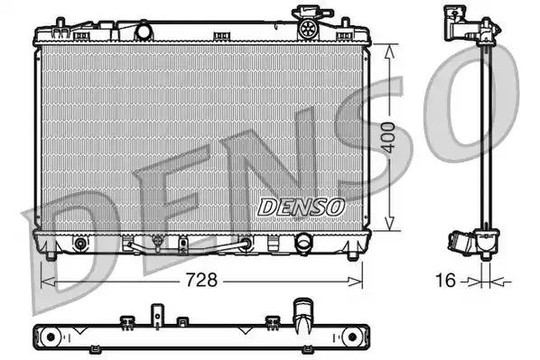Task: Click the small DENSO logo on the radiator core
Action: click(x=301, y=207)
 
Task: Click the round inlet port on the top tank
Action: click(x=141, y=32)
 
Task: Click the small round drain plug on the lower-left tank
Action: click(x=80, y=244)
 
